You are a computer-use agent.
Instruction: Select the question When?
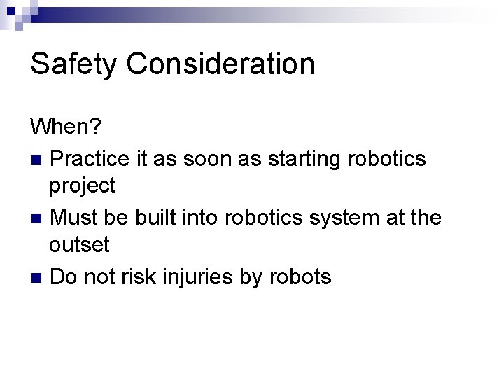66,128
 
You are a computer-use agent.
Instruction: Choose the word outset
79,246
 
